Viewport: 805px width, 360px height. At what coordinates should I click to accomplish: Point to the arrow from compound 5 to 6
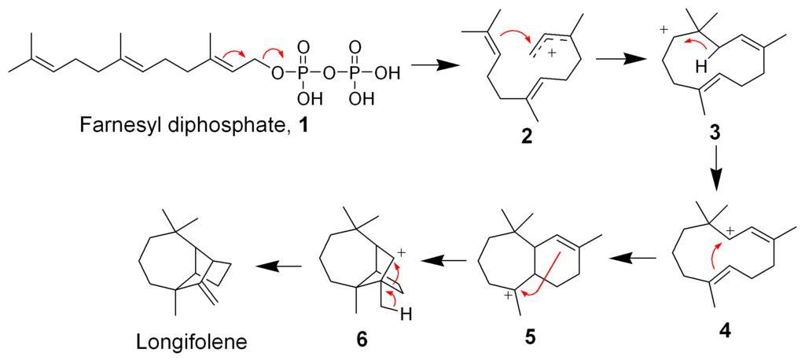coord(443,261)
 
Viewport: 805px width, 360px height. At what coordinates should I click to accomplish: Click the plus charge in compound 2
coord(551,54)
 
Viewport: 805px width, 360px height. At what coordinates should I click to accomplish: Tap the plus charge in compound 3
coord(663,31)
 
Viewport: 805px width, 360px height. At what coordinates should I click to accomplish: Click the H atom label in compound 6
coord(408,312)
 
